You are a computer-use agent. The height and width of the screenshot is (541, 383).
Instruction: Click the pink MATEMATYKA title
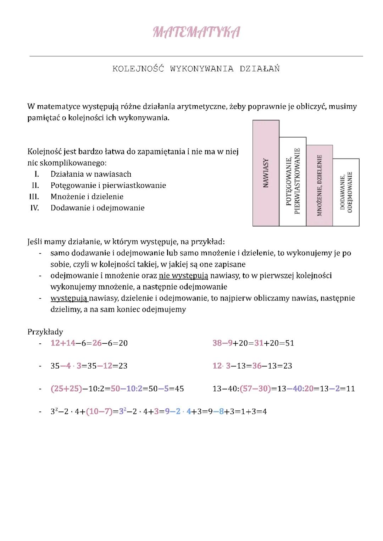(196, 32)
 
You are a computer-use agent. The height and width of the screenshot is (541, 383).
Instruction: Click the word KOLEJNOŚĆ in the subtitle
(138, 69)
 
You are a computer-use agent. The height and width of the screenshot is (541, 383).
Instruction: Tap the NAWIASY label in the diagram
(266, 173)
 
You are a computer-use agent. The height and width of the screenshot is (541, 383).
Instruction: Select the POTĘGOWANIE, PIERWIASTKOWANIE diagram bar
(293, 181)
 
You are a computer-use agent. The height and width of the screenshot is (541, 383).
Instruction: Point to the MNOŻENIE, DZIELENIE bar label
(320, 185)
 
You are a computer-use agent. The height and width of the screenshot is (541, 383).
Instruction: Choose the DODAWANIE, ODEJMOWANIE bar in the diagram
(346, 192)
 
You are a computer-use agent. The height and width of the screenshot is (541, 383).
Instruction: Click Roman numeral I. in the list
(36, 174)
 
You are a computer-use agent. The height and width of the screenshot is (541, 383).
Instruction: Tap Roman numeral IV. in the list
(34, 208)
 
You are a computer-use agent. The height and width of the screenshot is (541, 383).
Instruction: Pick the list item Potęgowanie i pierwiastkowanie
(108, 186)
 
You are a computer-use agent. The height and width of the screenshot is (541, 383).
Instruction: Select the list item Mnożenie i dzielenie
(87, 197)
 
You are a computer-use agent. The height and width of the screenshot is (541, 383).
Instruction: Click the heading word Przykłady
(45, 332)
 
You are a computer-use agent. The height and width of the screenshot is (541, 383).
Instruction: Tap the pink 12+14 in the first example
(63, 343)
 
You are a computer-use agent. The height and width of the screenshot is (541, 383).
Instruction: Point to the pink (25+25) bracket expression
(66, 388)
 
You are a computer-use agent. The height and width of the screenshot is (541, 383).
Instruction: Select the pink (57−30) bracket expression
(255, 388)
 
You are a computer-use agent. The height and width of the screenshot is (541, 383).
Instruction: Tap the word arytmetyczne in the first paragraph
(201, 106)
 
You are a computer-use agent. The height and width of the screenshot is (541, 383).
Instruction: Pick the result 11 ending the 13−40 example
(350, 388)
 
